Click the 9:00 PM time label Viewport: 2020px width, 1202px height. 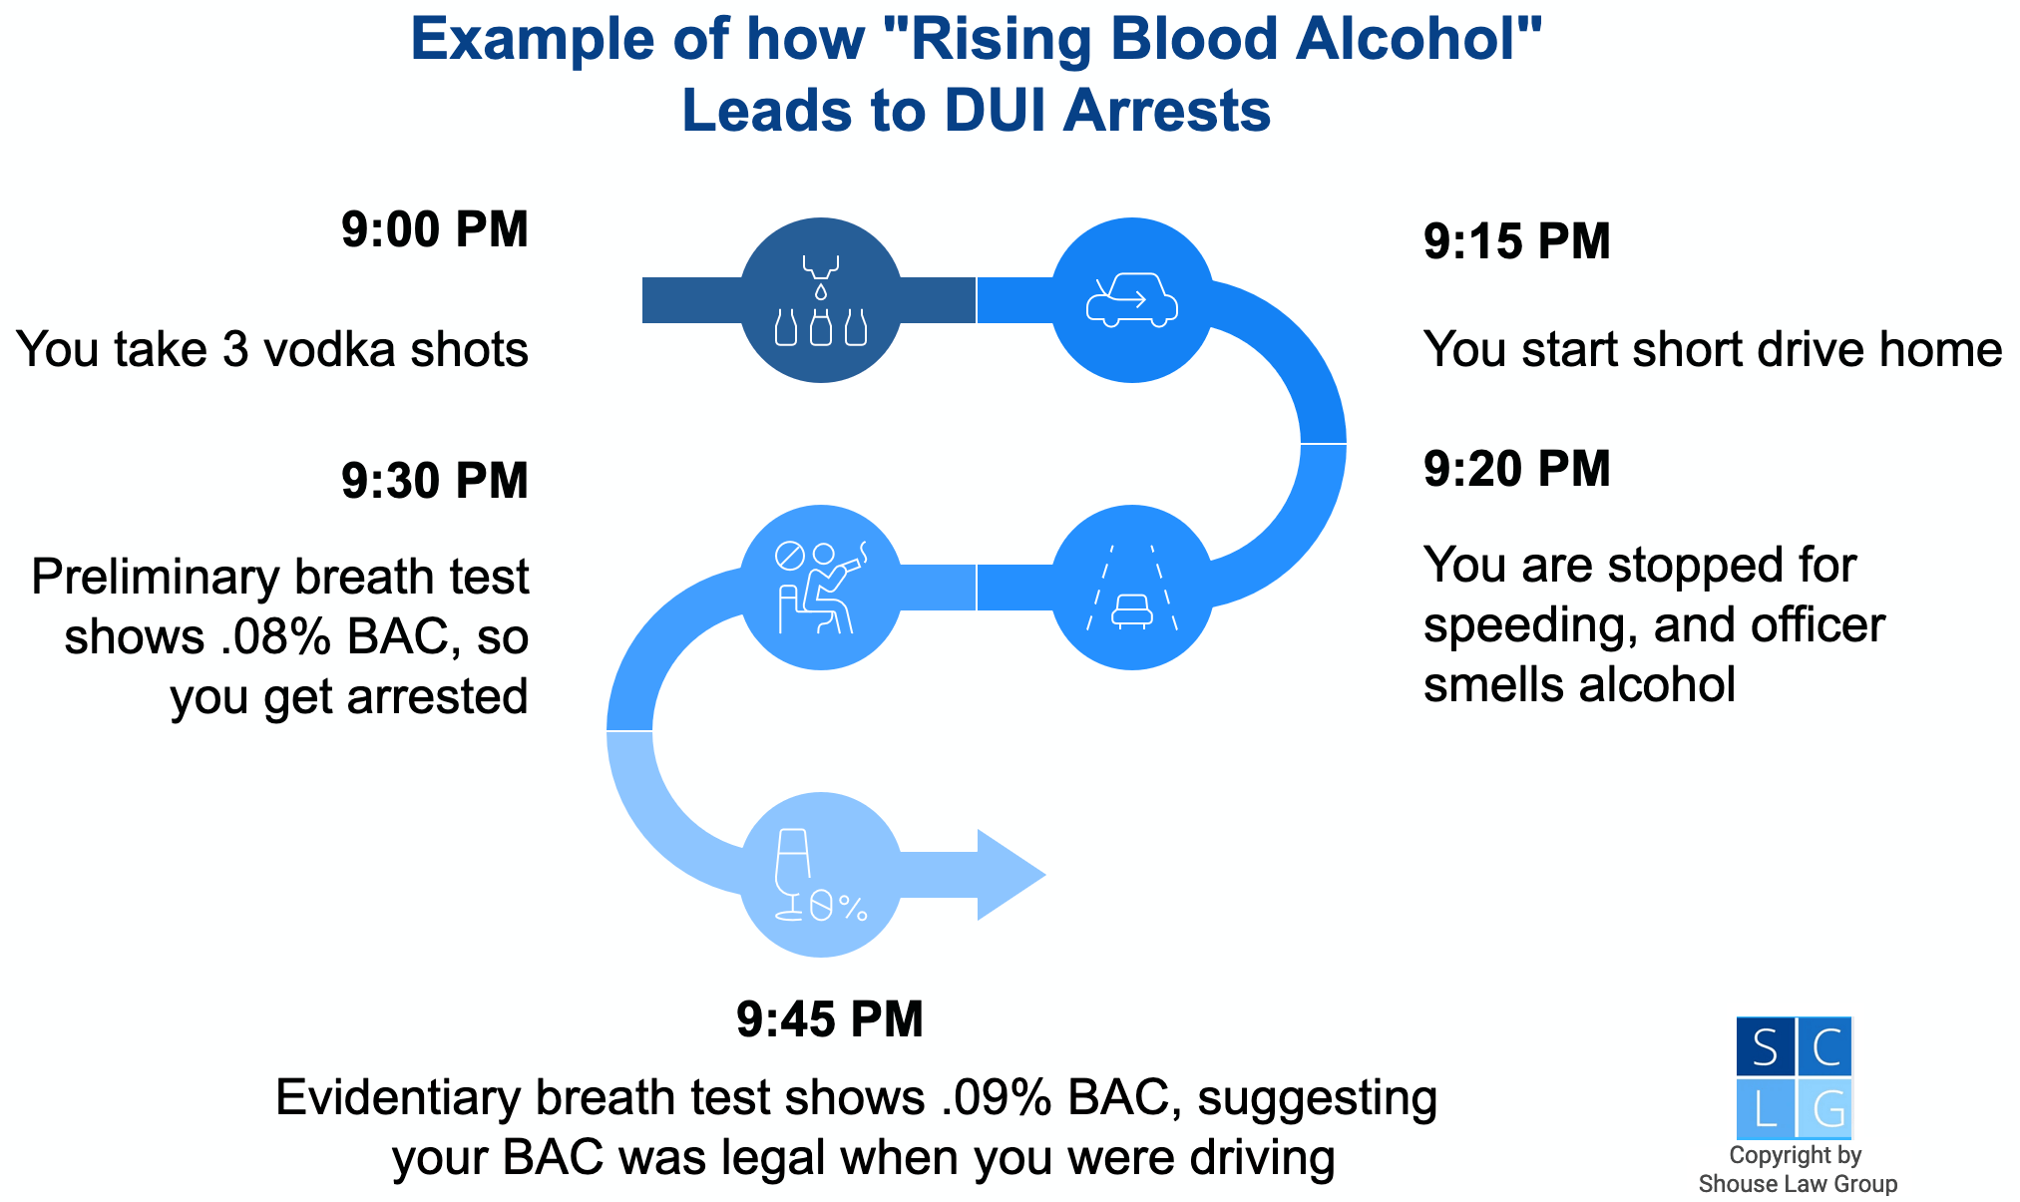pyautogui.click(x=434, y=230)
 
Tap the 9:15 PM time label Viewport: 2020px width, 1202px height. pyautogui.click(x=1516, y=242)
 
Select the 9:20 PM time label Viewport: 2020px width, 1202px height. pyautogui.click(x=1516, y=470)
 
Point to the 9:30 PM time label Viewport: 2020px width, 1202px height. pyautogui.click(x=434, y=482)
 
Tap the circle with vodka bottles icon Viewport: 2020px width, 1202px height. pyautogui.click(x=821, y=300)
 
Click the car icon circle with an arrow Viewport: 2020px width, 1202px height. pyautogui.click(x=1132, y=300)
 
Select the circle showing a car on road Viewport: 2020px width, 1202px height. pyautogui.click(x=1132, y=588)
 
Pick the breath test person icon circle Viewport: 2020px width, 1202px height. pyautogui.click(x=821, y=588)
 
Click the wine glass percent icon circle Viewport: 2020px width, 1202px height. pyautogui.click(x=821, y=875)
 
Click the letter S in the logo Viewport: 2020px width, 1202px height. pyautogui.click(x=1765, y=1048)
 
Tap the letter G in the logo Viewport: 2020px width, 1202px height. pyautogui.click(x=1826, y=1108)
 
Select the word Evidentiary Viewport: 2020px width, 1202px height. pyautogui.click(x=398, y=1098)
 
